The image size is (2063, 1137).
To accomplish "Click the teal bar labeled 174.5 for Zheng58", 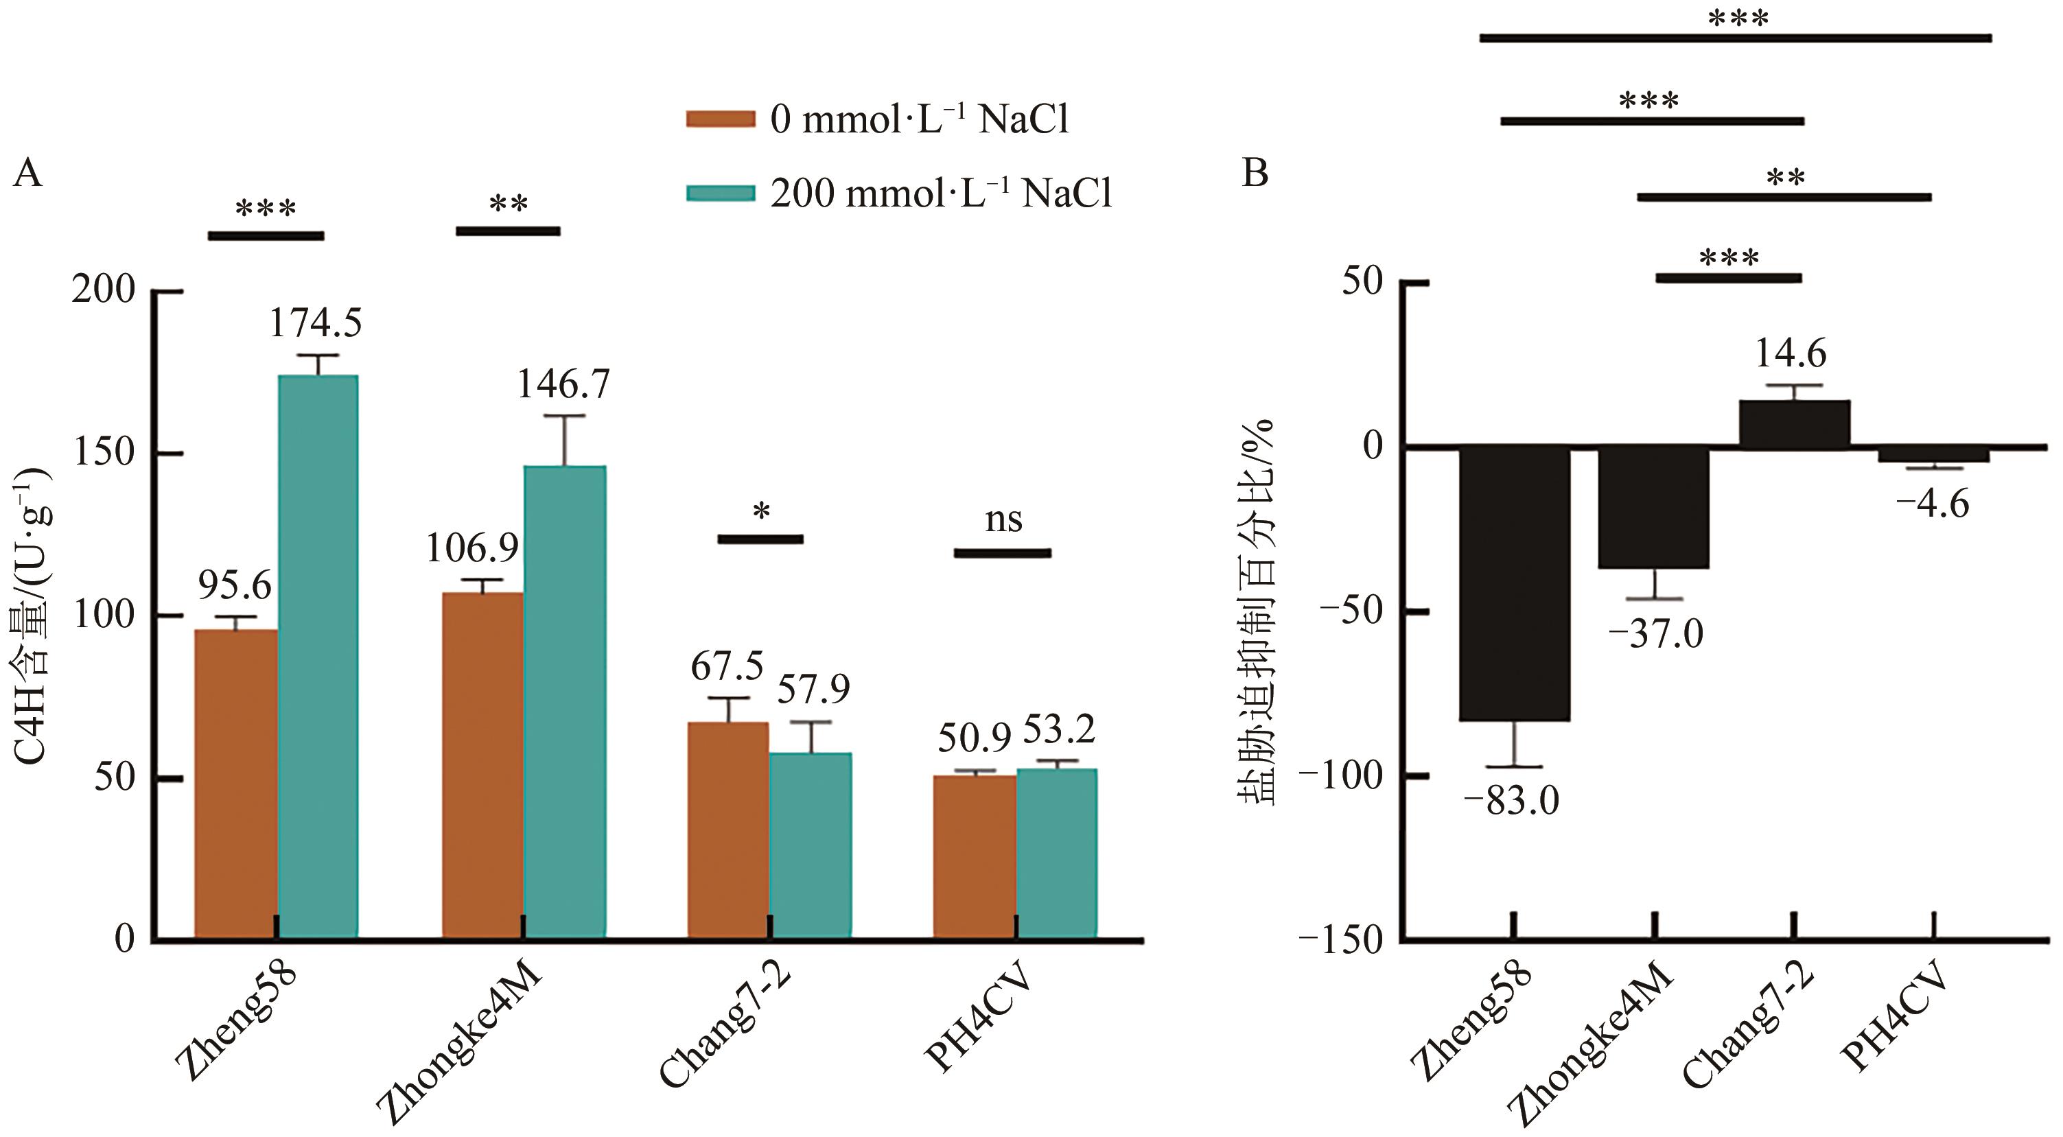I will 318,657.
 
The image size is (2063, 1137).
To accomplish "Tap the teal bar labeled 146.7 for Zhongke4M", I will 565,701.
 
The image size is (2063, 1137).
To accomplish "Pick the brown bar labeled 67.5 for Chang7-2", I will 728,830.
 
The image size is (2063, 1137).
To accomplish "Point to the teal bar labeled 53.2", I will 1056,853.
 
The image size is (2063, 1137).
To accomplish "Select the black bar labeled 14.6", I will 1795,423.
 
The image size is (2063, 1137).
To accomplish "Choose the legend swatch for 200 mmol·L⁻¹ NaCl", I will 721,194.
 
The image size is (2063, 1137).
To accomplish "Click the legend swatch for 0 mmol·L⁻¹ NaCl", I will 721,119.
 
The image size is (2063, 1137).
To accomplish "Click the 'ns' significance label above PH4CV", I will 1003,520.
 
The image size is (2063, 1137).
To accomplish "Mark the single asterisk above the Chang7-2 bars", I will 762,510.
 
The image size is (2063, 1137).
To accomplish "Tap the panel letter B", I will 1255,173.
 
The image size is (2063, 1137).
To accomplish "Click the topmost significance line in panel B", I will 1735,38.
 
